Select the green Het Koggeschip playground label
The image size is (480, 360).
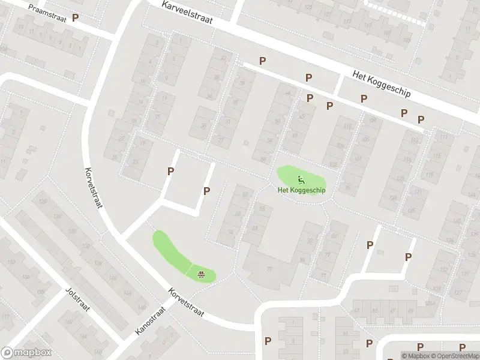point(301,190)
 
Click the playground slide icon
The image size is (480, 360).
point(301,178)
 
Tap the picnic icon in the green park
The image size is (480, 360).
point(202,275)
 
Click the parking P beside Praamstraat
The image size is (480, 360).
point(75,18)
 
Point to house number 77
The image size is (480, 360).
point(269,269)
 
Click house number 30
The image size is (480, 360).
point(203,125)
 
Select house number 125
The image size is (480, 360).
point(411,211)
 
